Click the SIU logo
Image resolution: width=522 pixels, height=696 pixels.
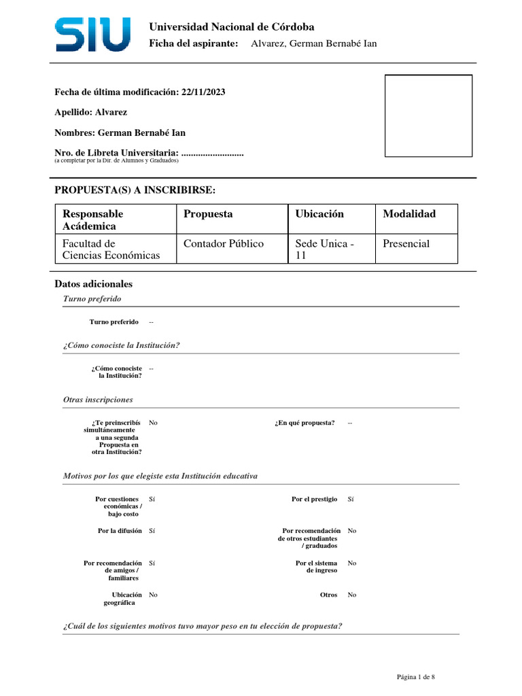[92, 35]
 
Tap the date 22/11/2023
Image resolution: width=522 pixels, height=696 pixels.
[204, 92]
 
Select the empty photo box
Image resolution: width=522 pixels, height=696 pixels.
[428, 116]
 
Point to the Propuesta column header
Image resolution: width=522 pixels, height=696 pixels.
[208, 214]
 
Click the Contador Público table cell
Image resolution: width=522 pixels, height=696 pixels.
[224, 243]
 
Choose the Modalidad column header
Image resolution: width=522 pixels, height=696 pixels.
[409, 214]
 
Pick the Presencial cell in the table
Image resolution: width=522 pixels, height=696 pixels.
[406, 243]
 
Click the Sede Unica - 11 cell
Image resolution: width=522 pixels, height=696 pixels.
[325, 249]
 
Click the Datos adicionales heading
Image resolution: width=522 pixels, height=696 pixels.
[93, 284]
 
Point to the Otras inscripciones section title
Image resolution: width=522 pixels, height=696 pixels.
[98, 400]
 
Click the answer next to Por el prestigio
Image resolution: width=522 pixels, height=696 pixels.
[351, 499]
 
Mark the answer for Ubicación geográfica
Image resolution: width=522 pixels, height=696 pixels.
[153, 595]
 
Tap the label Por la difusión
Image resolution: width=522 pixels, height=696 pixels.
[120, 531]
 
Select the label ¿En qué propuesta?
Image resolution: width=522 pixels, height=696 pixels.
[305, 423]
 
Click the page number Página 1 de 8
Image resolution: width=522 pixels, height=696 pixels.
[416, 677]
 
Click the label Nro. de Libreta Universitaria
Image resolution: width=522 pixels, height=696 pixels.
[117, 153]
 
